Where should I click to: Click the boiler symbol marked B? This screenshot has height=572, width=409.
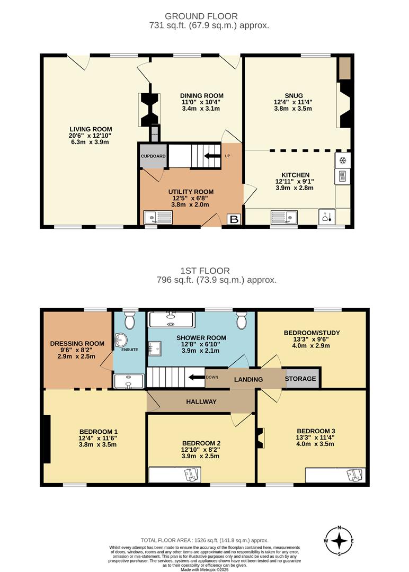233,219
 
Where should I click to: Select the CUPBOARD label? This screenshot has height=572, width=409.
153,156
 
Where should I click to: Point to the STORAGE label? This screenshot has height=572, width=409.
300,379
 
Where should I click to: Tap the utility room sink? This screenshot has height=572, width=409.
157,217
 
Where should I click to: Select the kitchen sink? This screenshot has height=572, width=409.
284,216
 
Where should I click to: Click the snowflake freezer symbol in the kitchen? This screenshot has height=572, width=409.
342,160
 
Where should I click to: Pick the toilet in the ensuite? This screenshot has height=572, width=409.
130,319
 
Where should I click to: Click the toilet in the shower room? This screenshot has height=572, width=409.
242,320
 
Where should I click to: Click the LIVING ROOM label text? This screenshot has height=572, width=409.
91,129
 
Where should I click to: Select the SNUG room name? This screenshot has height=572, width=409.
292,95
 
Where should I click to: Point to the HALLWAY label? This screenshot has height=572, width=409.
201,402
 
